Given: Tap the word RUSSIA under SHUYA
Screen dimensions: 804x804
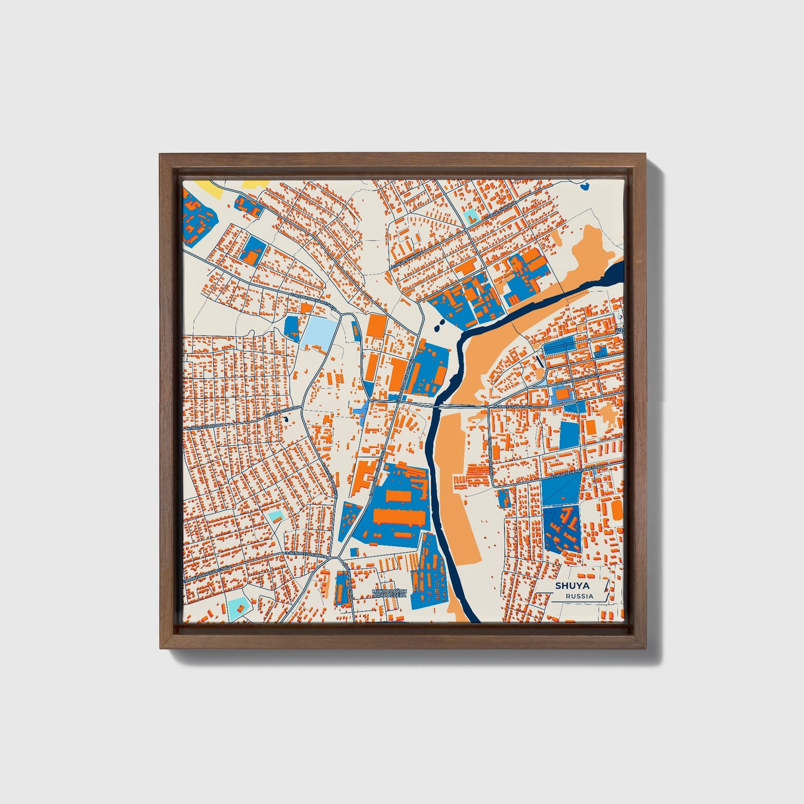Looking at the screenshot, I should coord(579,596).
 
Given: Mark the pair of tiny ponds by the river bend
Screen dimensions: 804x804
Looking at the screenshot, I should coord(438,323).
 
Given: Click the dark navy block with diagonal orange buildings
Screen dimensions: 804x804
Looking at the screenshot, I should coord(561,529).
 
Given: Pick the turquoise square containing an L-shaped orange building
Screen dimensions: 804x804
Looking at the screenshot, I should coord(471,215).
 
